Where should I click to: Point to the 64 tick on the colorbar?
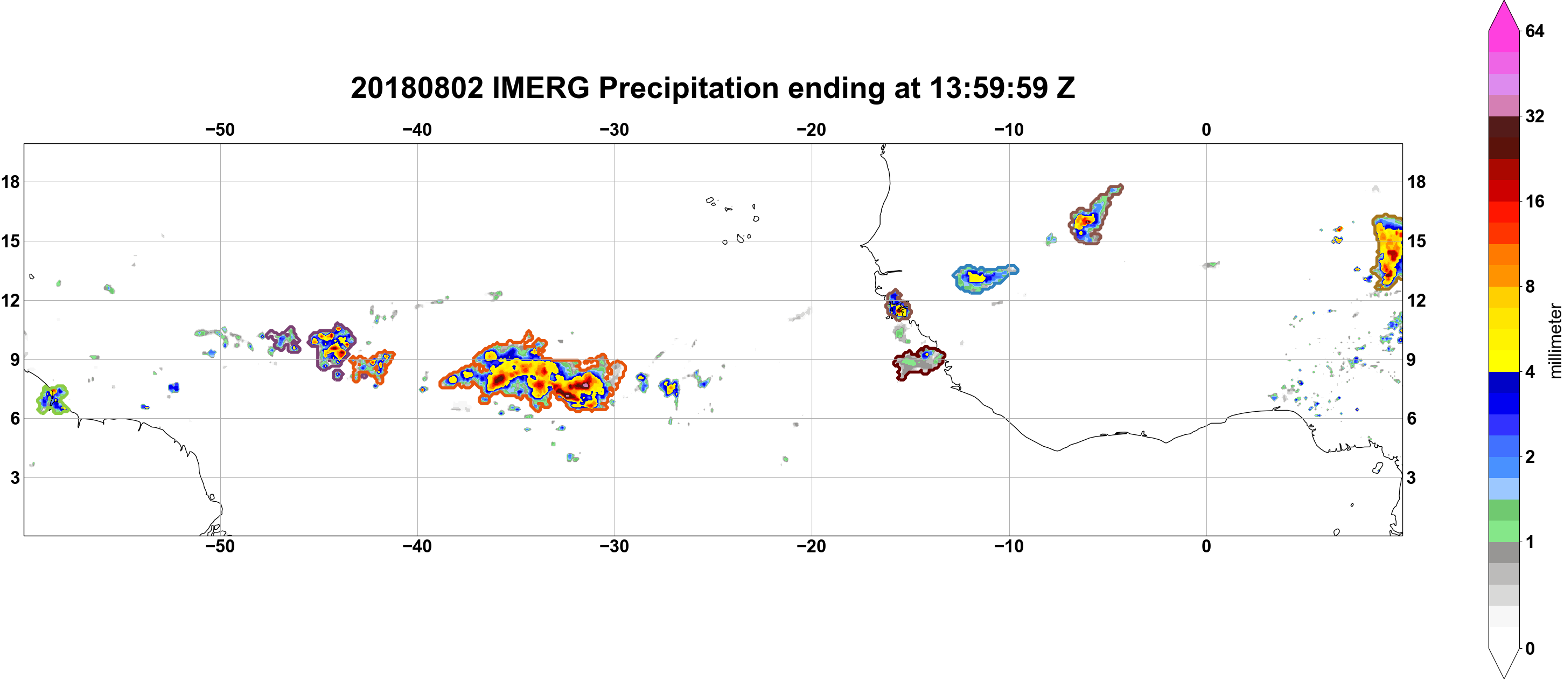pyautogui.click(x=1534, y=31)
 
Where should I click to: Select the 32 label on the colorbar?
pyautogui.click(x=1534, y=116)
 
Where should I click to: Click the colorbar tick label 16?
pyautogui.click(x=1534, y=202)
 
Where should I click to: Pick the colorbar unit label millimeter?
pyautogui.click(x=1555, y=341)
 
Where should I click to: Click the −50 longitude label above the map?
pyautogui.click(x=220, y=130)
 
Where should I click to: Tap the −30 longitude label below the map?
pyautogui.click(x=615, y=546)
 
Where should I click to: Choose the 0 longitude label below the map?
pyautogui.click(x=1206, y=546)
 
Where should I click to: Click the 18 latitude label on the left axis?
pyautogui.click(x=10, y=182)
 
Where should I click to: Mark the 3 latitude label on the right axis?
pyautogui.click(x=1411, y=478)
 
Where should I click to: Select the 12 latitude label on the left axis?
pyautogui.click(x=10, y=300)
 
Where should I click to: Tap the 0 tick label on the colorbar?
pyautogui.click(x=1530, y=649)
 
